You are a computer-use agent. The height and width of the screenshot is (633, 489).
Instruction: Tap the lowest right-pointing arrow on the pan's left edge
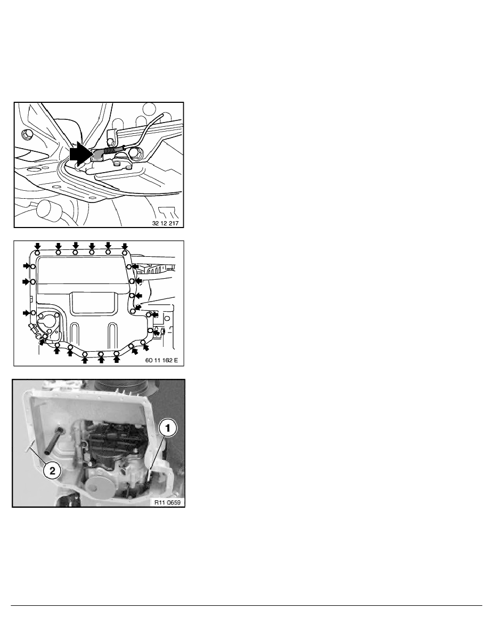click(x=27, y=313)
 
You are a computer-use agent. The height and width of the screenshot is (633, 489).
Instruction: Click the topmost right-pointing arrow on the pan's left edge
click(x=27, y=265)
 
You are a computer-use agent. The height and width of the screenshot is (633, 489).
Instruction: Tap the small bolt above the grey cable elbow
click(x=110, y=141)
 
